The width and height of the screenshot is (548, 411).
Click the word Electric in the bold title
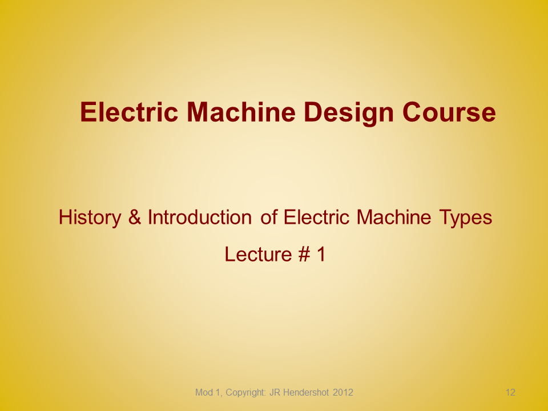[129, 112]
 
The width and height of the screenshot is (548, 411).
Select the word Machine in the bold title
[241, 112]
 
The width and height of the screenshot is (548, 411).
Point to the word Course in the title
[449, 112]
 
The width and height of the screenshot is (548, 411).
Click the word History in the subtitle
[90, 218]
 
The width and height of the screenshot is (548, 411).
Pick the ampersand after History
[135, 217]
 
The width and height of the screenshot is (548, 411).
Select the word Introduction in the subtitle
[200, 217]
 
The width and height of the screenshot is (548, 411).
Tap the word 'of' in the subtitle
[269, 217]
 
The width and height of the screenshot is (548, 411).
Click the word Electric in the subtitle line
[317, 217]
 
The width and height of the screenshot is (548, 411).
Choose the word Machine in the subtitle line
[394, 217]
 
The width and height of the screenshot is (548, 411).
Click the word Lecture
[258, 254]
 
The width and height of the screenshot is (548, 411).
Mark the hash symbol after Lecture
[304, 254]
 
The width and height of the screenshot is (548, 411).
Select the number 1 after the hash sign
[321, 254]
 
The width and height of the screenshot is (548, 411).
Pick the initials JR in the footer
[275, 393]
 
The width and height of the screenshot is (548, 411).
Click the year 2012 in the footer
[343, 393]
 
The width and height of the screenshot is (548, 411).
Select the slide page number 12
[510, 393]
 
